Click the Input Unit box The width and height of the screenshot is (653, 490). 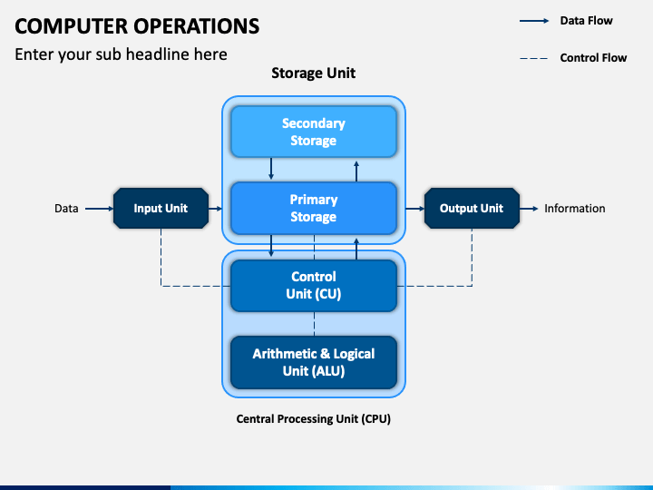pyautogui.click(x=161, y=209)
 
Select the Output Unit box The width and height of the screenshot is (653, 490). pyautogui.click(x=472, y=209)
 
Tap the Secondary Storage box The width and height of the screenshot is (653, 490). pyautogui.click(x=314, y=132)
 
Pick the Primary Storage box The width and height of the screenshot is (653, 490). pyautogui.click(x=314, y=209)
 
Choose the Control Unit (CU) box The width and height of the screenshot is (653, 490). pyautogui.click(x=314, y=286)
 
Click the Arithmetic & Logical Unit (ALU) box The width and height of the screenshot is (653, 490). pyautogui.click(x=314, y=362)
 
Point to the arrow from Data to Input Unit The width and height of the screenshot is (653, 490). pyautogui.click(x=99, y=209)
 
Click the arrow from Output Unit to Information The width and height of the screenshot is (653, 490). pyautogui.click(x=529, y=209)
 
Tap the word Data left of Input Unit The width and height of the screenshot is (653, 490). pyautogui.click(x=66, y=209)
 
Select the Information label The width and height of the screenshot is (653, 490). pyautogui.click(x=575, y=209)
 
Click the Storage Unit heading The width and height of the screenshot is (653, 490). pyautogui.click(x=313, y=73)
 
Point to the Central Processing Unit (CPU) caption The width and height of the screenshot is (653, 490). pyautogui.click(x=313, y=418)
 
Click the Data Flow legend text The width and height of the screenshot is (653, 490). pyautogui.click(x=586, y=20)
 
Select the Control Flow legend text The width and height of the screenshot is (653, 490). pyautogui.click(x=593, y=57)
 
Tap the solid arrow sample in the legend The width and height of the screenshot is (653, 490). pyautogui.click(x=534, y=21)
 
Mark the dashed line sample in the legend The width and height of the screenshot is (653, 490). pyautogui.click(x=534, y=58)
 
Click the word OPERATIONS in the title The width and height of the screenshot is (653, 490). pyautogui.click(x=197, y=25)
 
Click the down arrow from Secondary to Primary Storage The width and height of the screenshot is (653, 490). pyautogui.click(x=271, y=169)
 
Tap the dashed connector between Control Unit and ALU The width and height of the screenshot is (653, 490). pyautogui.click(x=314, y=324)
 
